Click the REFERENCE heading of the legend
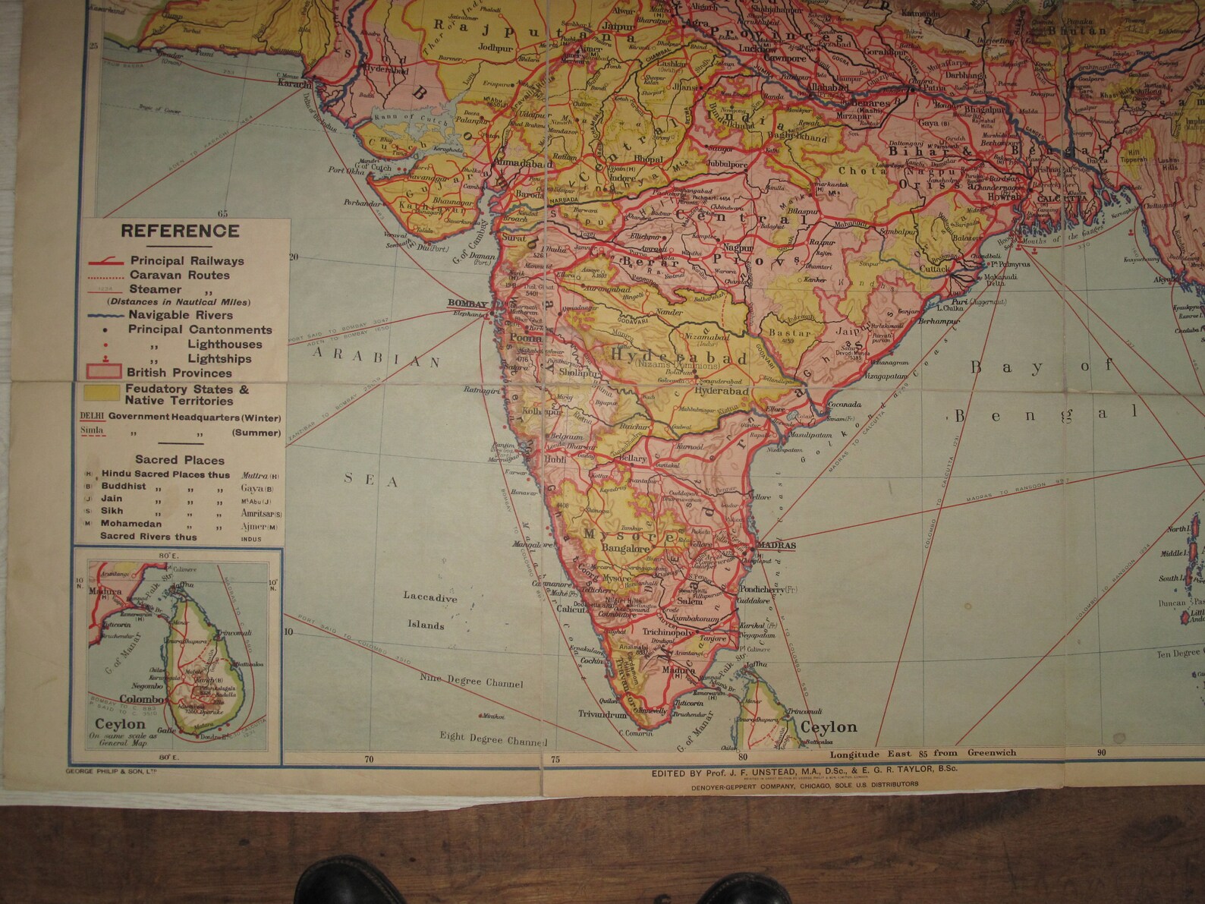click(180, 232)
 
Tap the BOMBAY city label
click(466, 304)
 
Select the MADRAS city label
click(776, 545)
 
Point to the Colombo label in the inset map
click(143, 699)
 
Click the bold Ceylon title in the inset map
click(120, 724)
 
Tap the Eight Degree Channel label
click(493, 739)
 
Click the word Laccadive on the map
click(430, 597)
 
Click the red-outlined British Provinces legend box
click(102, 372)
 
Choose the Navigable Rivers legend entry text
click(180, 315)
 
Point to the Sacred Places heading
click(180, 459)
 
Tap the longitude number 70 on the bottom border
click(369, 758)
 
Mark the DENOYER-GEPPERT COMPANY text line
click(804, 785)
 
